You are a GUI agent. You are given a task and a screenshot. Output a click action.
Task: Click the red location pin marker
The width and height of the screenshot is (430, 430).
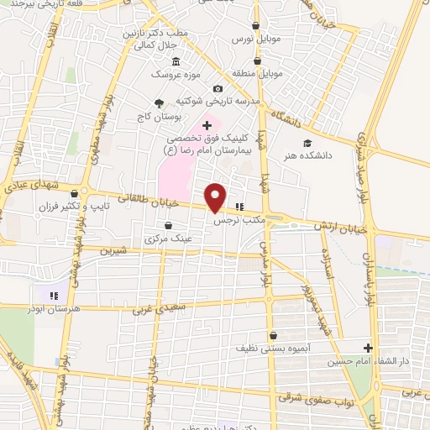(216, 197)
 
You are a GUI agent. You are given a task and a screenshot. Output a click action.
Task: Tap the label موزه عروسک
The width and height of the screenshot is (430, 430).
(174, 76)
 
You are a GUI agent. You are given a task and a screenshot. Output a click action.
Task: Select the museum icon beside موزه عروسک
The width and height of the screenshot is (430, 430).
(175, 62)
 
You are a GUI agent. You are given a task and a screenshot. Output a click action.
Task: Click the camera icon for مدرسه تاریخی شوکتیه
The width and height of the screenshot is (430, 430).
(218, 89)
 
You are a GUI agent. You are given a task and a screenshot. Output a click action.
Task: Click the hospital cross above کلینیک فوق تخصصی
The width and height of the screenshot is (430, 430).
(207, 125)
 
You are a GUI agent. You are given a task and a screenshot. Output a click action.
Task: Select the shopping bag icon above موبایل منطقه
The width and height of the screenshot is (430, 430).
(258, 61)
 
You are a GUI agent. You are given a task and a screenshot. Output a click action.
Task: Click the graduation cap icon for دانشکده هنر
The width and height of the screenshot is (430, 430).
(307, 143)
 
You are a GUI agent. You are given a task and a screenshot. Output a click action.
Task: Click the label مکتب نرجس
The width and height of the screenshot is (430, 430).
(239, 219)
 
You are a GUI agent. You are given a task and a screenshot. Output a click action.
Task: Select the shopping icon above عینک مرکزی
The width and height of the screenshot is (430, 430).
(169, 225)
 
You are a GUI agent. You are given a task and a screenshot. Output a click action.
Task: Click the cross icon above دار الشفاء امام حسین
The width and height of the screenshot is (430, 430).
(368, 348)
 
